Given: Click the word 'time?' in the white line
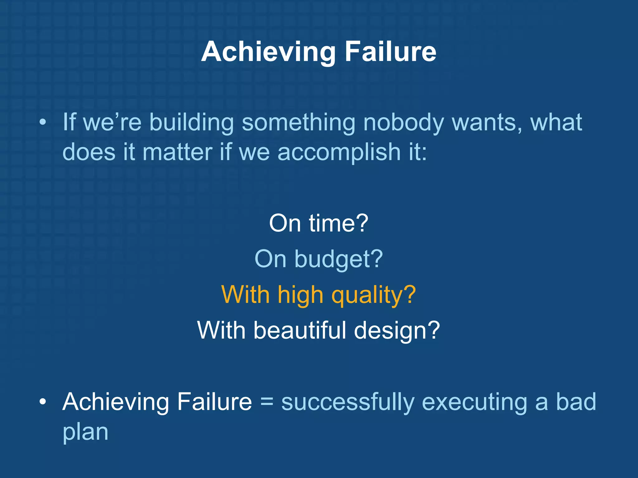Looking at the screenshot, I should (339, 223).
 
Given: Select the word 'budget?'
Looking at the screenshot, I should (339, 260).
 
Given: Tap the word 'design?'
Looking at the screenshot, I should (397, 331).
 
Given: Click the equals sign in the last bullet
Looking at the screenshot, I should (267, 402).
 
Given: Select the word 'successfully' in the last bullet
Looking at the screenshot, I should (348, 402).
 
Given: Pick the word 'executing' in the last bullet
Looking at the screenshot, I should (474, 402).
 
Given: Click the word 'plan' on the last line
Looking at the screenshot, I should (85, 433).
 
